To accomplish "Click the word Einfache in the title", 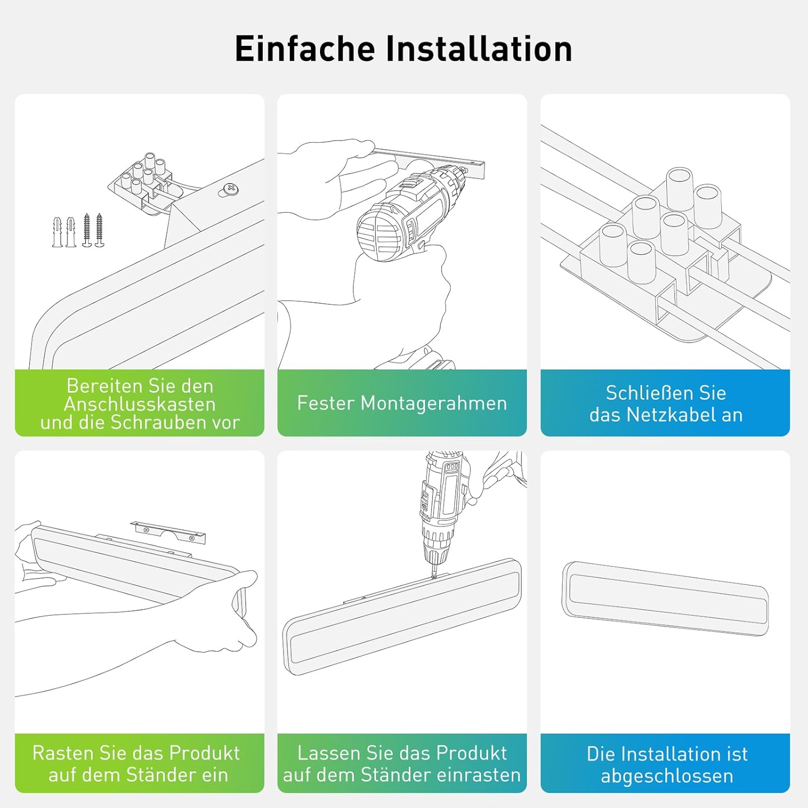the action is [x=305, y=49].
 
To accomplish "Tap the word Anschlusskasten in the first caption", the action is [x=140, y=404].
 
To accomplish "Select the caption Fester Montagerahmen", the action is [x=402, y=403].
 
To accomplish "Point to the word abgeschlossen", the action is [x=667, y=776].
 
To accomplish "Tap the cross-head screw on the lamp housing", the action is [x=230, y=189].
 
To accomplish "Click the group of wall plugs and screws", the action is [x=78, y=231].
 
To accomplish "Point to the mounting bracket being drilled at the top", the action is [x=431, y=162].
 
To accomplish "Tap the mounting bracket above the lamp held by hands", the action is [x=168, y=532].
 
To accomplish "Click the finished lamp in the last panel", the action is [x=665, y=598].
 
